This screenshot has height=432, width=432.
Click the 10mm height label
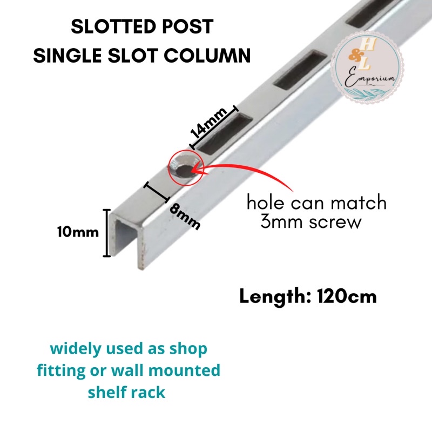pyautogui.click(x=78, y=232)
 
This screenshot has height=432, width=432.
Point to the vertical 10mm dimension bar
pyautogui.click(x=106, y=233)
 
